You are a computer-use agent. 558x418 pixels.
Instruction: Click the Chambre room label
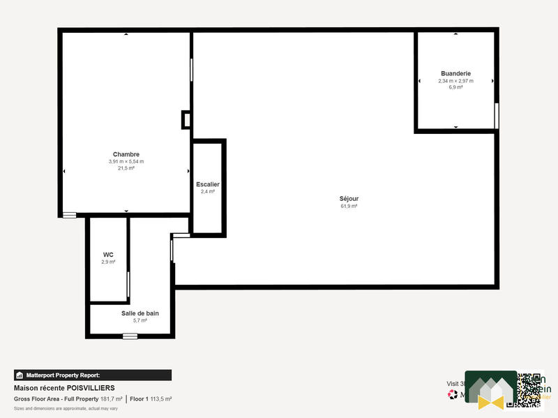pyautogui.click(x=126, y=154)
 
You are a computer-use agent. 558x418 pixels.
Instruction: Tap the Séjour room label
pyautogui.click(x=349, y=199)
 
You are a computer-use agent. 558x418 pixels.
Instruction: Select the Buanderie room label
pyautogui.click(x=455, y=73)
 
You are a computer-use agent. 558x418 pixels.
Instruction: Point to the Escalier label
pyautogui.click(x=208, y=184)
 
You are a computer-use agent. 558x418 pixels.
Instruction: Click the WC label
pyautogui.click(x=108, y=255)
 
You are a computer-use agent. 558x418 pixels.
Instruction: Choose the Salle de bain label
pyautogui.click(x=140, y=313)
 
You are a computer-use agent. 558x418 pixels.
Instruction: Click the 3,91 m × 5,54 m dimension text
pyautogui.click(x=126, y=161)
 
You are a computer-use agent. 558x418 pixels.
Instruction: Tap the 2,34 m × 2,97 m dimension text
pyautogui.click(x=455, y=80)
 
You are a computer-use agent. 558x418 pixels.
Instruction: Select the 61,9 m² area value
pyautogui.click(x=349, y=206)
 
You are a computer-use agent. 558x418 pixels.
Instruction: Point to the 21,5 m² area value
pyautogui.click(x=126, y=168)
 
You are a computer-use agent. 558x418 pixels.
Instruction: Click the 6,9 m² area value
pyautogui.click(x=455, y=87)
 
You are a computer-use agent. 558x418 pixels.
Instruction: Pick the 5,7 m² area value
pyautogui.click(x=140, y=320)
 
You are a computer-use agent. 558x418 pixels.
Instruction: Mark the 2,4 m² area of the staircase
pyautogui.click(x=208, y=191)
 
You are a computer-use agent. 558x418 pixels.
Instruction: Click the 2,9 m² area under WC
pyautogui.click(x=108, y=262)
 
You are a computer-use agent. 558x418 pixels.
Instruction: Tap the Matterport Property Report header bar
pyautogui.click(x=92, y=375)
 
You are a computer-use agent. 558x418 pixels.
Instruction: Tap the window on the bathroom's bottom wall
pyautogui.click(x=130, y=336)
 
